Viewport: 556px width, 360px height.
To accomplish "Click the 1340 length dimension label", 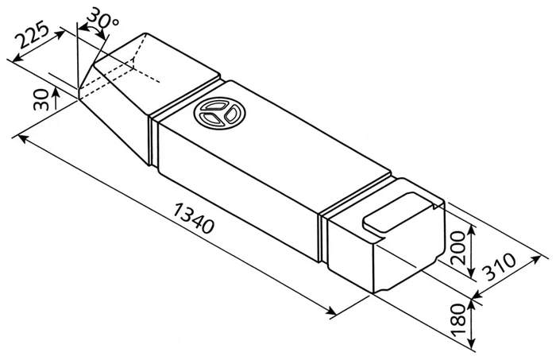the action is pyautogui.click(x=194, y=218).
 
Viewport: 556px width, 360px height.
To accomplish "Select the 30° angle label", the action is pyautogui.click(x=102, y=18).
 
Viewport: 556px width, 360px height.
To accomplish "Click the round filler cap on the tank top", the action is pyautogui.click(x=220, y=113).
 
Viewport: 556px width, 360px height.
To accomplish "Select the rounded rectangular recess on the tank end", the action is pyautogui.click(x=400, y=212).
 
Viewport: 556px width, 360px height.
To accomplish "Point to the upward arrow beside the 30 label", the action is pyautogui.click(x=56, y=99).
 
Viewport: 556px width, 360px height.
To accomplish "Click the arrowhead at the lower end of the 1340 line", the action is pyautogui.click(x=331, y=312).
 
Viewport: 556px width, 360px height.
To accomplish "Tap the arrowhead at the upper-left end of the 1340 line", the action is pyautogui.click(x=21, y=137).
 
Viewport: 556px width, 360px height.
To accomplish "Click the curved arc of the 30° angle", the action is pyautogui.click(x=91, y=29).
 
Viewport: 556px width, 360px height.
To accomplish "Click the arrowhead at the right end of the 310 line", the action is pyautogui.click(x=539, y=258).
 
